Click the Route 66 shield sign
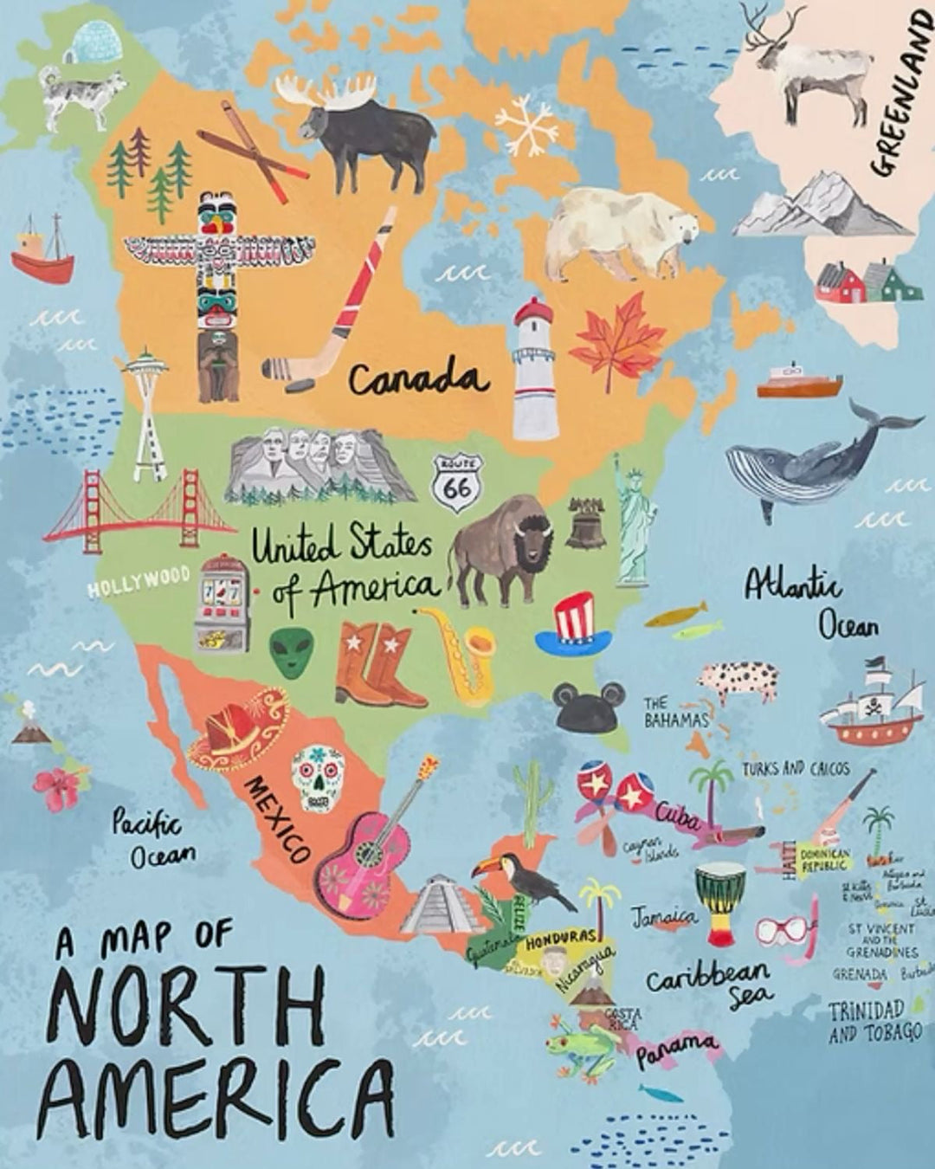(x=457, y=482)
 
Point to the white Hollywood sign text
(x=139, y=581)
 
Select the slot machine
(x=222, y=603)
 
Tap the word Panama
(x=678, y=1050)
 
